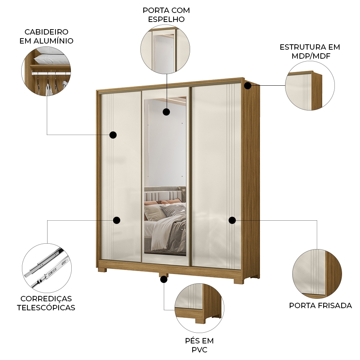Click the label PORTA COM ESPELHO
coord(166,14)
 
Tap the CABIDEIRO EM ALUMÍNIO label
coord(46,36)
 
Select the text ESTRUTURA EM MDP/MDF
coord(310,51)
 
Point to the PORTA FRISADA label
coord(320,306)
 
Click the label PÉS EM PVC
coord(199,345)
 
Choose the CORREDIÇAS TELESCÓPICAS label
coord(46,303)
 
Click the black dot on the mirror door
coord(166,112)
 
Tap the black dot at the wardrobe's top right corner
coord(248,85)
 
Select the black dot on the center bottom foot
coord(164,279)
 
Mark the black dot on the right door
coord(232,220)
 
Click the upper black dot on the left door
coord(113,135)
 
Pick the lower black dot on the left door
coord(117,220)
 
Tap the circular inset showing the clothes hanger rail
coord(46,71)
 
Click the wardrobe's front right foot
coord(238,281)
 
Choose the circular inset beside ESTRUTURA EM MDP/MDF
coord(310,86)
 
